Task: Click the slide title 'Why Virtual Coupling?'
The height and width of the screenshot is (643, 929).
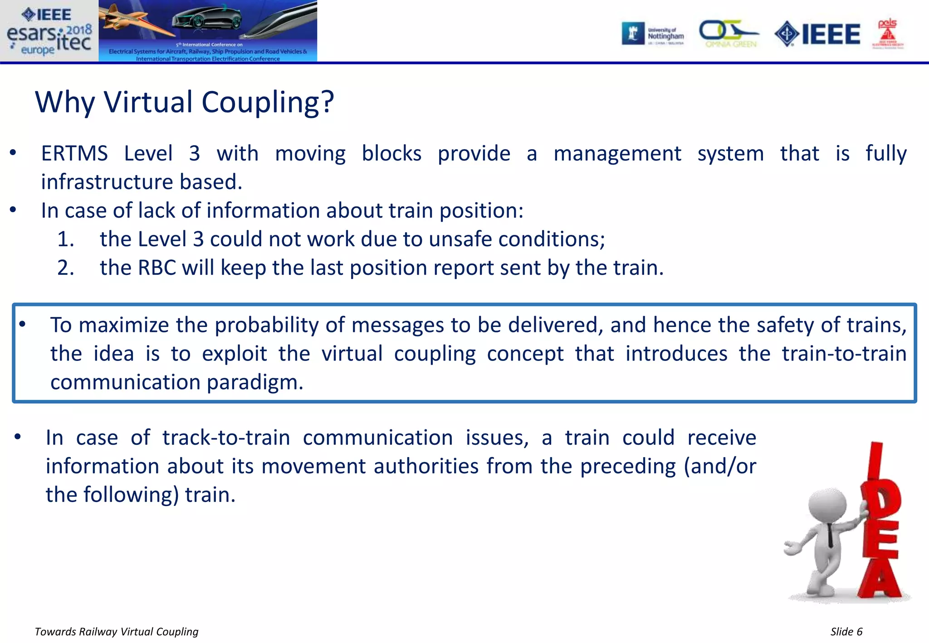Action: click(184, 102)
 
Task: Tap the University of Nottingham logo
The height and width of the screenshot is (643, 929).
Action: click(653, 34)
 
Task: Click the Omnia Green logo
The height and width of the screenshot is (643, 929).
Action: click(729, 34)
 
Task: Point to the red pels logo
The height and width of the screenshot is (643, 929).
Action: click(887, 34)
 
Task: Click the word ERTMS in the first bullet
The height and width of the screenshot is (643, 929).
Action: click(74, 154)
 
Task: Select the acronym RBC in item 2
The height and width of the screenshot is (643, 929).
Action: click(156, 268)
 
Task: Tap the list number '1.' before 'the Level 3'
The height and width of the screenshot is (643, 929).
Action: click(66, 239)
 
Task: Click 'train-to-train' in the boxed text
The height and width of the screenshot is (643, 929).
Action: click(844, 354)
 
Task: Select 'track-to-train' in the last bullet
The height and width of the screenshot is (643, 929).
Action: click(226, 438)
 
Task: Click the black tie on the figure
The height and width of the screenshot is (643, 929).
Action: click(830, 535)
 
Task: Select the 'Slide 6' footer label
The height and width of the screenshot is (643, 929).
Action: click(846, 632)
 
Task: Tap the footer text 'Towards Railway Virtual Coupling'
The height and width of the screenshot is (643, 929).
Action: click(117, 632)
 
